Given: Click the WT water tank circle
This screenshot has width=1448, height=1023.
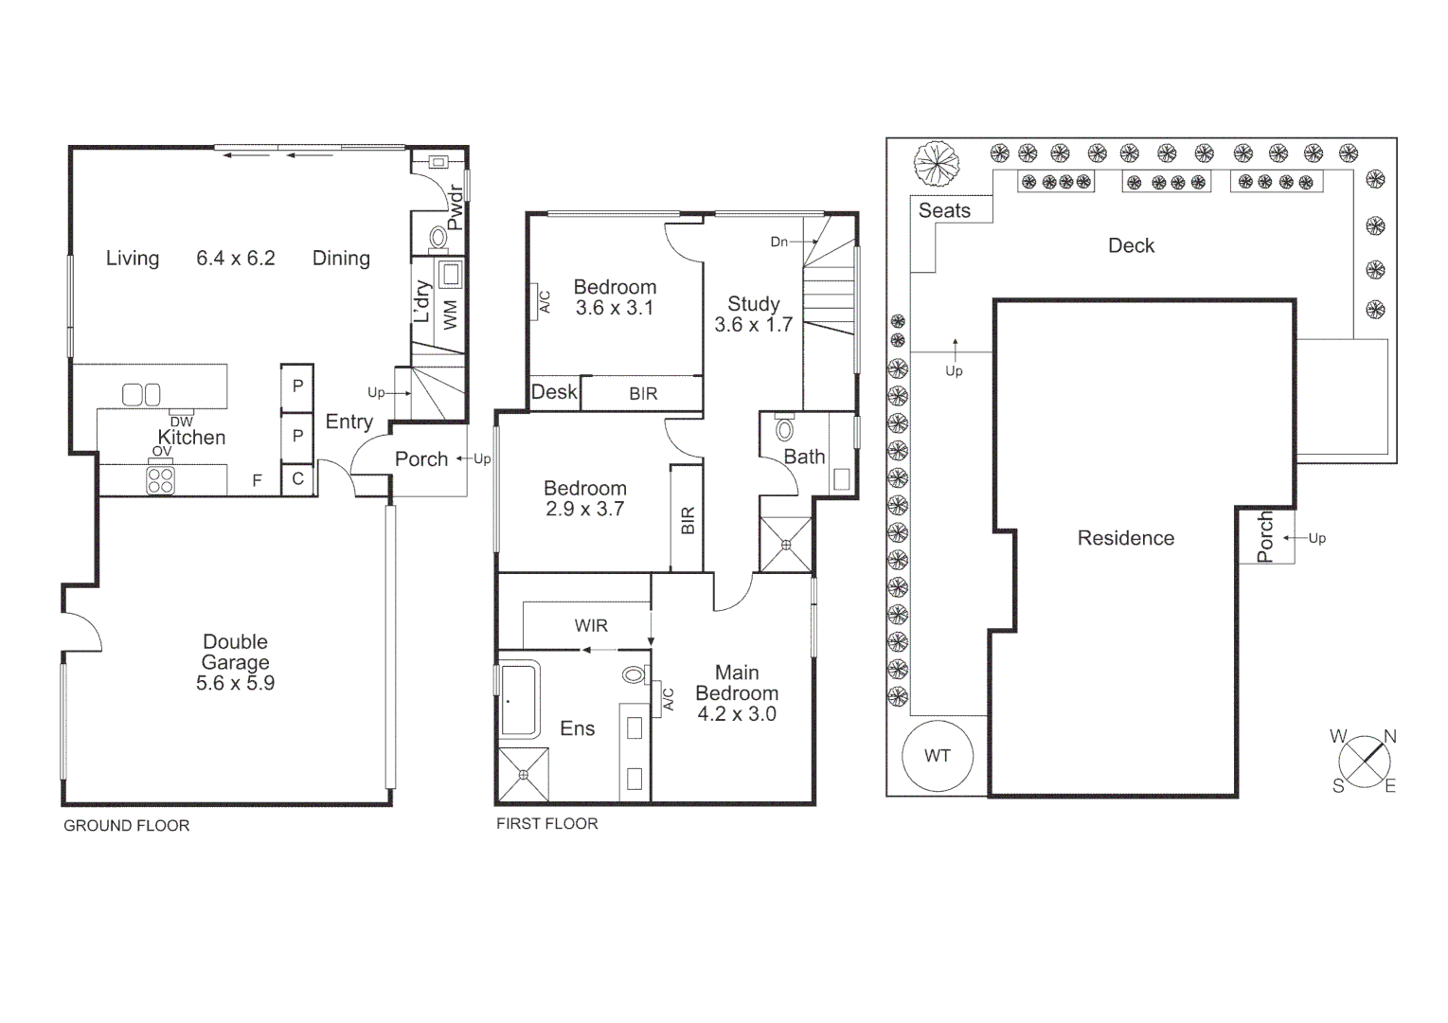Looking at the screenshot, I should click(x=937, y=755).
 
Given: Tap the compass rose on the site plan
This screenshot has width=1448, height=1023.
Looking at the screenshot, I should click(x=1365, y=761).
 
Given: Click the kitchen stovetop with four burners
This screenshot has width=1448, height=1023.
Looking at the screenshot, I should click(x=161, y=480).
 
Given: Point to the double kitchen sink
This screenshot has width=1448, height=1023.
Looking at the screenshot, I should click(x=141, y=393).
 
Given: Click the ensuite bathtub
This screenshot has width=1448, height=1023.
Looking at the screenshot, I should click(x=518, y=700).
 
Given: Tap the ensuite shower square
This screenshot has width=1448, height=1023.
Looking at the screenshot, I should click(x=523, y=774).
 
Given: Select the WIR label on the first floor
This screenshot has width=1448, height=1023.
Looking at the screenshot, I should click(x=591, y=625).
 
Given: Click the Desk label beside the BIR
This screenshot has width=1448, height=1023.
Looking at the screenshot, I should click(x=554, y=392).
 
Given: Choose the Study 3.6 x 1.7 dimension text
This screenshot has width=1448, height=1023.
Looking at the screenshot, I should click(x=753, y=325).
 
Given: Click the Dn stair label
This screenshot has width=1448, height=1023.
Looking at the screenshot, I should click(x=778, y=242).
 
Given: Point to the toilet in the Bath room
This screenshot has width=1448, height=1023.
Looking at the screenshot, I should click(x=784, y=430).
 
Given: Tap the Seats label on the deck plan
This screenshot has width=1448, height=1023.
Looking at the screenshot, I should click(x=944, y=210).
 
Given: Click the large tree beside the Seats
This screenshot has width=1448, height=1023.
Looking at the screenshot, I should click(x=937, y=164).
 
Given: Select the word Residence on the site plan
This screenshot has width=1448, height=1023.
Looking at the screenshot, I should click(x=1125, y=538).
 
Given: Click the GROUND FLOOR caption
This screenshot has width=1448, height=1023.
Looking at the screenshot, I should click(x=126, y=826).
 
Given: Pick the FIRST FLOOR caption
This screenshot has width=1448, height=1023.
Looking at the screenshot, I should click(x=546, y=824).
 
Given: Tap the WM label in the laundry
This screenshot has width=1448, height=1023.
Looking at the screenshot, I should click(x=450, y=314).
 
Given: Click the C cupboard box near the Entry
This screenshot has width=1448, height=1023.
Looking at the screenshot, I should click(x=297, y=479).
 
